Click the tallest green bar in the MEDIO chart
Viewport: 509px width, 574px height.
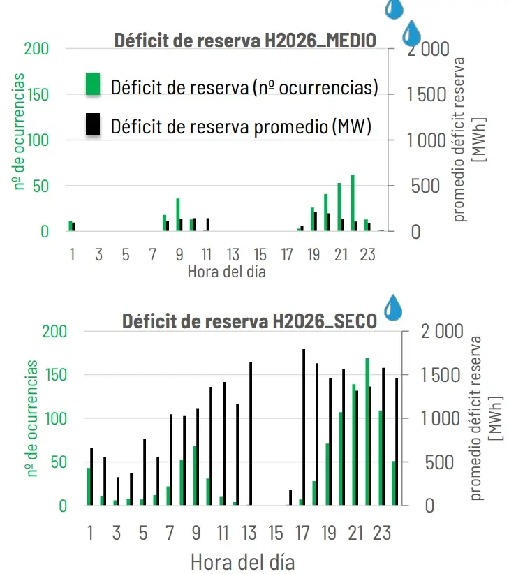pos(353,203)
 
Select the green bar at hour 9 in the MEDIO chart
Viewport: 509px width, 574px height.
pos(178,215)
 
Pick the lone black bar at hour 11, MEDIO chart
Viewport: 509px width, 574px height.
pos(208,225)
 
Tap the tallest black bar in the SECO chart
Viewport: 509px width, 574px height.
pos(304,427)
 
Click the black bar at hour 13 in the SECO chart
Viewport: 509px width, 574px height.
pos(251,434)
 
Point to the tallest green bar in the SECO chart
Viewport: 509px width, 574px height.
pos(367,432)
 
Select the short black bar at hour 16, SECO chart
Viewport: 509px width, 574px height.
pos(290,498)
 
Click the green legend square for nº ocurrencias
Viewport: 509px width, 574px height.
pos(93,84)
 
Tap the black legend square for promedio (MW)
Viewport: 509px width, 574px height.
pos(93,124)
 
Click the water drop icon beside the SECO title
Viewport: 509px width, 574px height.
pos(393,307)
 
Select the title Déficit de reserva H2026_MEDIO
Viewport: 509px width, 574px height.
pos(245,41)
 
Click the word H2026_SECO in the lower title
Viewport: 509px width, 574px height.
pos(325,321)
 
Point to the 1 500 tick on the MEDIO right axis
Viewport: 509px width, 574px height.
pos(427,94)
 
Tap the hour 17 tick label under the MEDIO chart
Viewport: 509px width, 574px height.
pos(287,255)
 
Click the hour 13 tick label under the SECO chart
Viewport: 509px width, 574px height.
pos(249,533)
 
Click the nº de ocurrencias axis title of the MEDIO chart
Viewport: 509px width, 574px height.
pos(19,131)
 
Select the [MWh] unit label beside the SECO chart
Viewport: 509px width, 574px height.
pos(496,418)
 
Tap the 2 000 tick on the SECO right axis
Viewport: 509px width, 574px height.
pos(442,332)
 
